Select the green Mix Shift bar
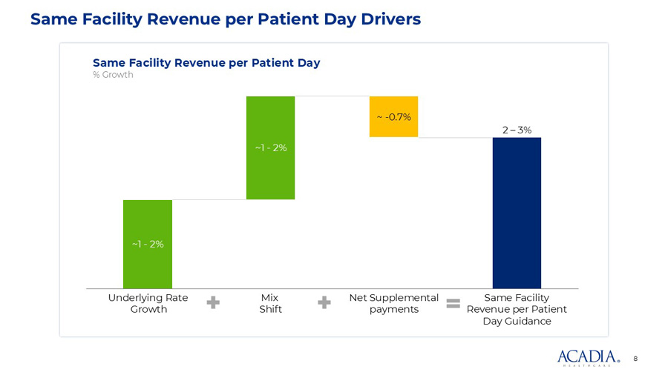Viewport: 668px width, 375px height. point(270,178)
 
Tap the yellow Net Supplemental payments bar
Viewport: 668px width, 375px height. point(393,126)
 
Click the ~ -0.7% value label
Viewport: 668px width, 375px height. point(393,117)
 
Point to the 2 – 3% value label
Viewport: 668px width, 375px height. point(517,130)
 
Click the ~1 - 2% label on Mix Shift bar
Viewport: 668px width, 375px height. point(270,148)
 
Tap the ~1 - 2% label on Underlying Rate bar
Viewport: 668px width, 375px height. point(148,244)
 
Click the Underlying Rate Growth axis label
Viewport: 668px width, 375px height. point(148,304)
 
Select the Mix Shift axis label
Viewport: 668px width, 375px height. point(270,304)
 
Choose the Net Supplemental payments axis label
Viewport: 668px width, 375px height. point(394,304)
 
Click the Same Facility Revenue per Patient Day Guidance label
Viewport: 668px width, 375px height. point(517,309)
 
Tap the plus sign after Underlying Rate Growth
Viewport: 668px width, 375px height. point(213,303)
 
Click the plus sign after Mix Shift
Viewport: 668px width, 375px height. point(324,303)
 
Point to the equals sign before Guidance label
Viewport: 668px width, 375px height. point(453,303)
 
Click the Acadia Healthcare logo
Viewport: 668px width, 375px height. point(589,357)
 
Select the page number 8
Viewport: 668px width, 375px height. point(635,359)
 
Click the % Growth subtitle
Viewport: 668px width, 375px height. point(113,75)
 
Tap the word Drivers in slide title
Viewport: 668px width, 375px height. point(385,19)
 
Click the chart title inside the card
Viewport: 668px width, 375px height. point(206,62)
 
